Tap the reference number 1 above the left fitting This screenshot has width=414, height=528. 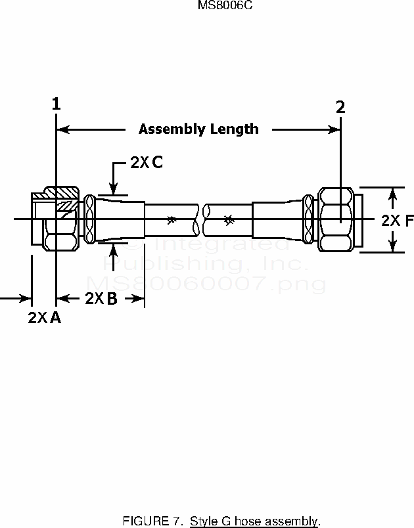(57, 104)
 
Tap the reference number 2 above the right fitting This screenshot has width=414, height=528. (340, 107)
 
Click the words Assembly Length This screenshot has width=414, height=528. (198, 129)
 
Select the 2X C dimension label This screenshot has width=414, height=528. (146, 163)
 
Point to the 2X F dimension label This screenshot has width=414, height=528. (397, 221)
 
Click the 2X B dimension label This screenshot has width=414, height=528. (101, 299)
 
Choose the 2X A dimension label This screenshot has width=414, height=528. (45, 318)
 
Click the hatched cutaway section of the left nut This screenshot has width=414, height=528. (64, 200)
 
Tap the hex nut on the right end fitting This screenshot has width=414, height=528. (336, 219)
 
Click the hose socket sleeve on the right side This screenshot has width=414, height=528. (276, 220)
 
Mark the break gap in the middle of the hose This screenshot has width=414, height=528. (201, 219)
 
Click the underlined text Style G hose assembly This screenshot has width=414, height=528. (254, 522)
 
